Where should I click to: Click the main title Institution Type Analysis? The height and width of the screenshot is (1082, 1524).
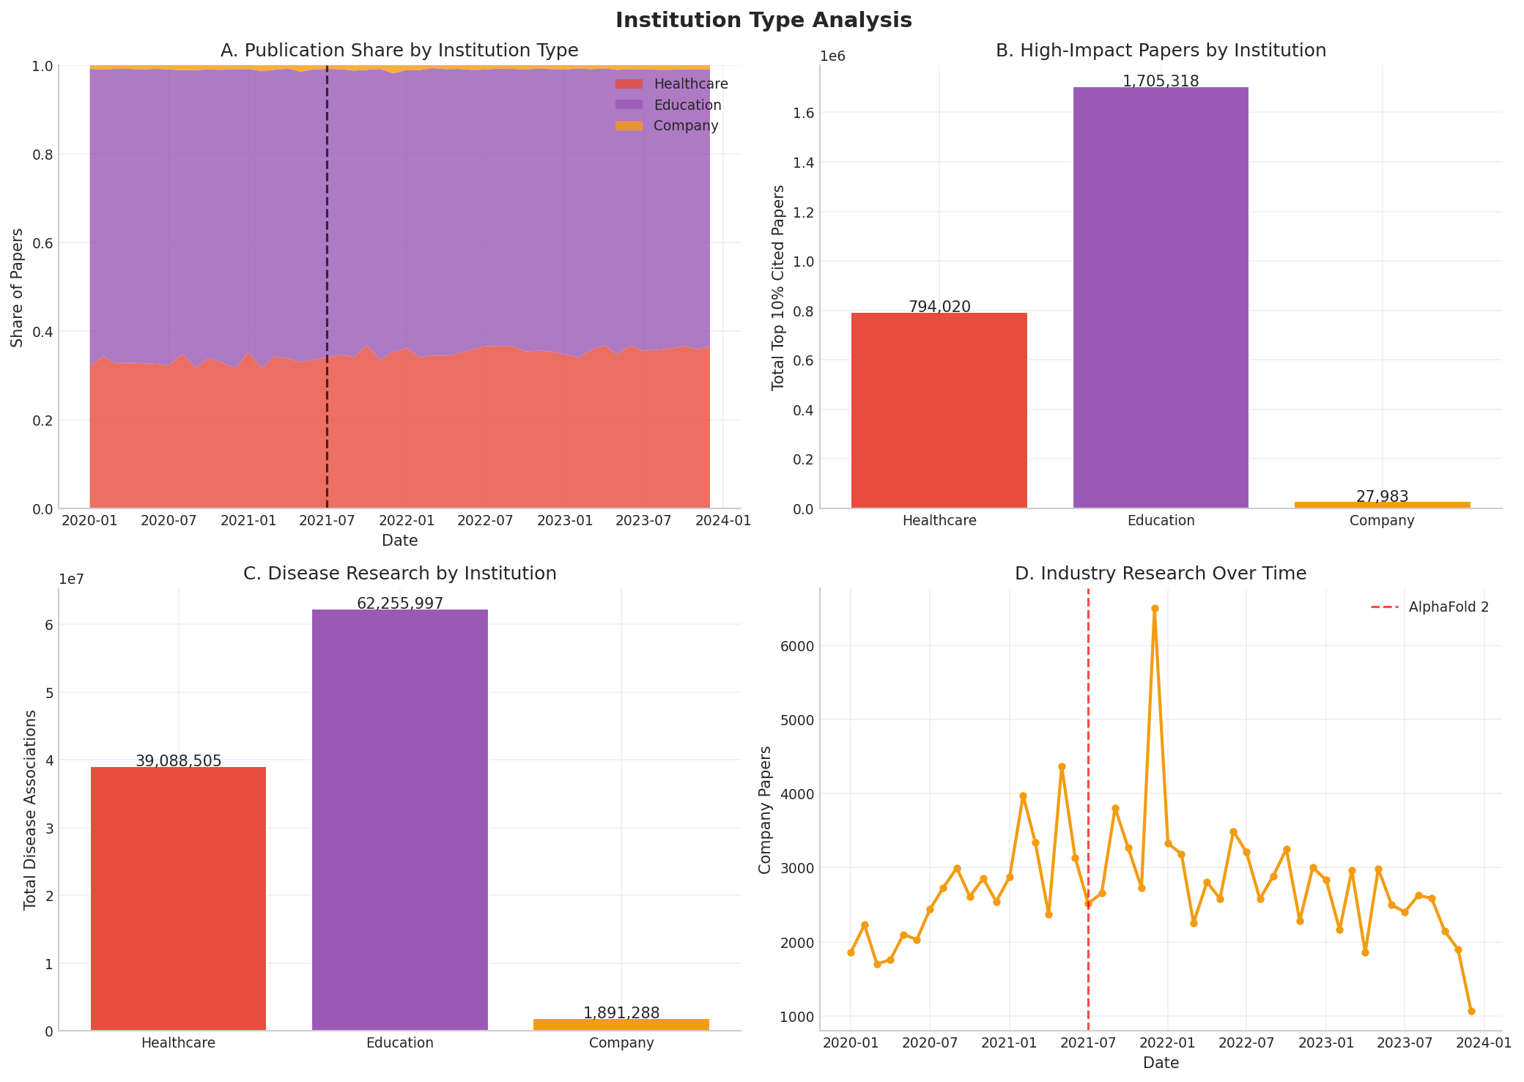(x=763, y=21)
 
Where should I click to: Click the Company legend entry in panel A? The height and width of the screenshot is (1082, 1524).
(x=685, y=126)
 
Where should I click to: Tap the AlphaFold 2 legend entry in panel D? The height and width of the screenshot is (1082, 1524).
(x=1448, y=607)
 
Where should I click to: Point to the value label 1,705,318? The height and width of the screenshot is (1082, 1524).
(x=1161, y=81)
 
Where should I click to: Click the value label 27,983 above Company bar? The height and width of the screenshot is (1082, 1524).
(x=1382, y=497)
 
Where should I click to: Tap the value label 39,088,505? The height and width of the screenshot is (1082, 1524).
(x=178, y=761)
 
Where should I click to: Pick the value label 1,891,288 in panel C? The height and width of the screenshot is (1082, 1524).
(x=621, y=1013)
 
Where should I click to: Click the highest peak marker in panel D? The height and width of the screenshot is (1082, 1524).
(x=1155, y=608)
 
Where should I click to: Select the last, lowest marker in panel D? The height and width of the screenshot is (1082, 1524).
(x=1471, y=1011)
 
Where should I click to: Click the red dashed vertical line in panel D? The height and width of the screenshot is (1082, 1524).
(x=1088, y=733)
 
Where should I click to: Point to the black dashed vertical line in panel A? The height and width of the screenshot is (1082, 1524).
(x=327, y=293)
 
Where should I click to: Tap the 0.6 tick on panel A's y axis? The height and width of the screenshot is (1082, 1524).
(x=41, y=243)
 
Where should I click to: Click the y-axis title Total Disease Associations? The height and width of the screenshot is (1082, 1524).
(x=30, y=809)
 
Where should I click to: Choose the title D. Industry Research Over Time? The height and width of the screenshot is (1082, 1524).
(x=1161, y=574)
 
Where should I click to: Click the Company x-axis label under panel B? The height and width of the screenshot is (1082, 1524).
(x=1382, y=521)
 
